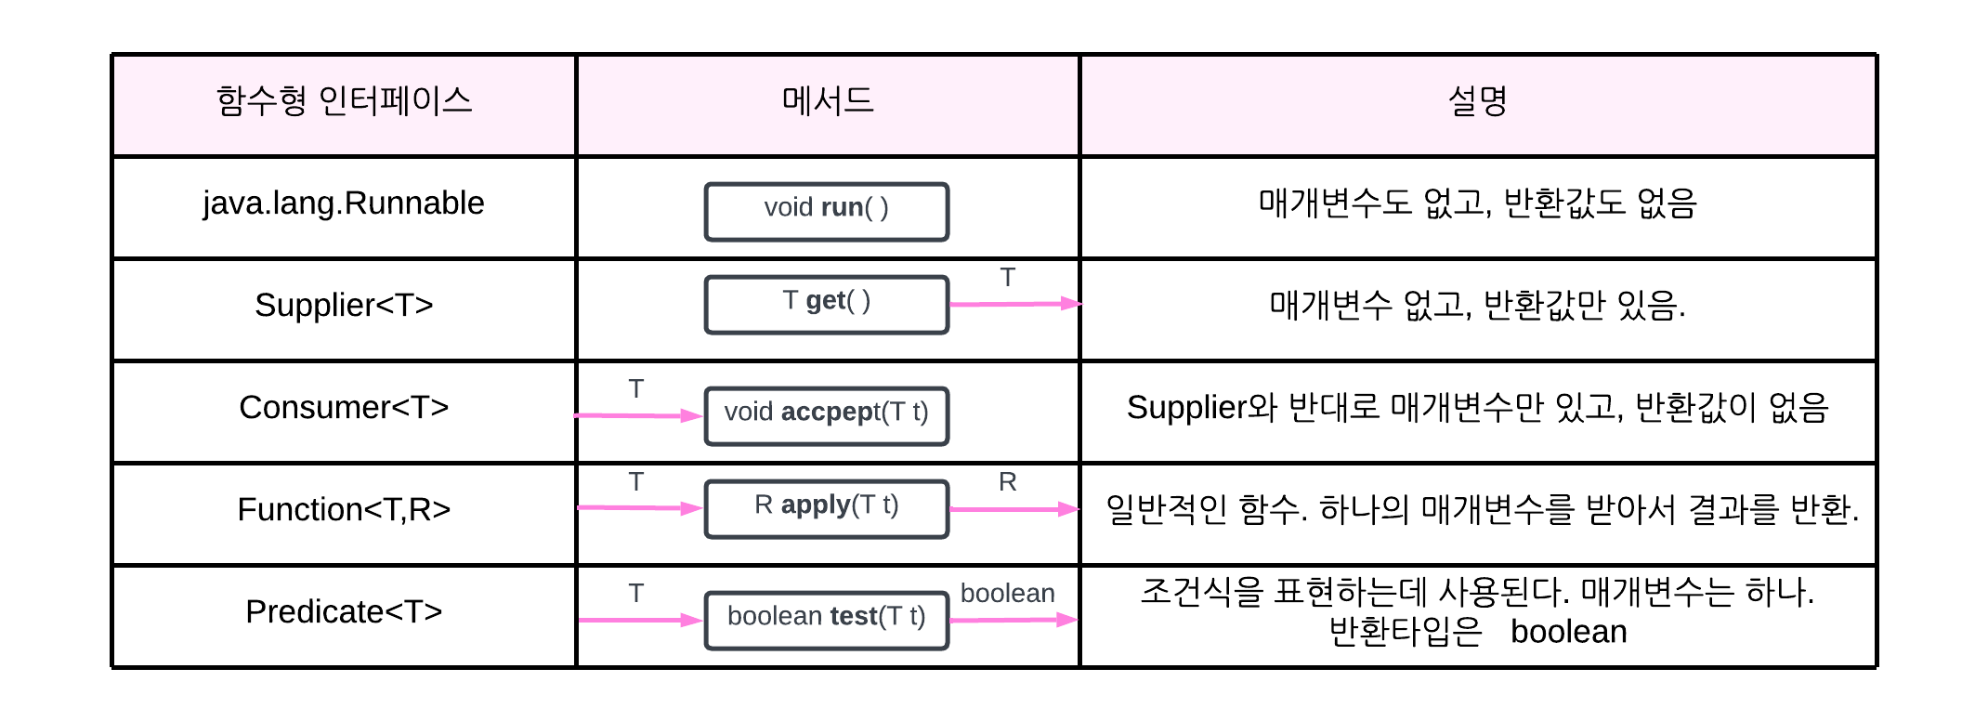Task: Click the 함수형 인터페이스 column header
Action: (x=344, y=101)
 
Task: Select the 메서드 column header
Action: (x=828, y=101)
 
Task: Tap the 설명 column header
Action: (x=1477, y=101)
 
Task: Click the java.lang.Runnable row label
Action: (x=344, y=203)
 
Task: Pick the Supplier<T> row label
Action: (x=344, y=305)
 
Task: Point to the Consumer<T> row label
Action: (x=344, y=407)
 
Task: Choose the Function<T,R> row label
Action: (x=344, y=509)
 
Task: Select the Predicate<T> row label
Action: (x=344, y=611)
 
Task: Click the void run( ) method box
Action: (x=827, y=212)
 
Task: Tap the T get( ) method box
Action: (x=827, y=305)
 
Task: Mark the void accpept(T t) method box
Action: (x=827, y=415)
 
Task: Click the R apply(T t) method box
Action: (x=827, y=508)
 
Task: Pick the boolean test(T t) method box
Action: (x=827, y=620)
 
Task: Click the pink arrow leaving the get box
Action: (x=1014, y=304)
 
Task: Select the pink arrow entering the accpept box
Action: (x=639, y=415)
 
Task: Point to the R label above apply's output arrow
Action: (x=1007, y=482)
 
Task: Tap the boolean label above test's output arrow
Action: (x=1007, y=594)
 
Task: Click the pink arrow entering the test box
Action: (x=639, y=620)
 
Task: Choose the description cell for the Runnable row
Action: (x=1477, y=203)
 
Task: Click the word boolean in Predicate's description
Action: (x=1568, y=633)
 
